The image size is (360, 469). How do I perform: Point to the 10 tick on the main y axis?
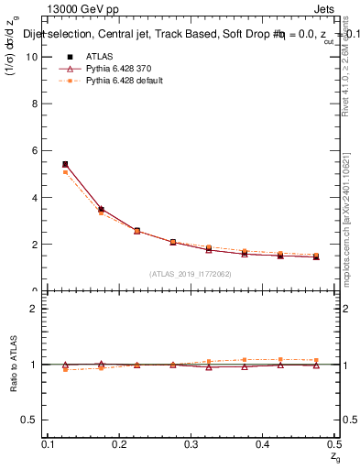[32, 56]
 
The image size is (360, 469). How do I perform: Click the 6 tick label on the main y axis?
[35, 150]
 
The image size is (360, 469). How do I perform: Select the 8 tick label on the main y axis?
[35, 104]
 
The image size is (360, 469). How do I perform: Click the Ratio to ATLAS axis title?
[14, 364]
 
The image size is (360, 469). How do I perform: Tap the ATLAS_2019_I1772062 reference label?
[191, 274]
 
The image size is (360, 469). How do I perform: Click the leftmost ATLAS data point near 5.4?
[65, 165]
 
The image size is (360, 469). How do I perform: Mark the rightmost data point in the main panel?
[316, 256]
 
